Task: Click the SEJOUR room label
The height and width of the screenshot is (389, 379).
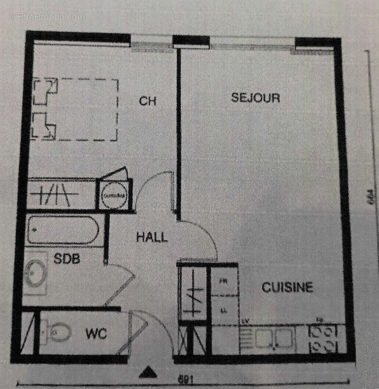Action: pos(255,97)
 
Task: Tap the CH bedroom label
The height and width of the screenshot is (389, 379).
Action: pos(148,101)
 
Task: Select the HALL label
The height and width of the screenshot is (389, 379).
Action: pos(151,237)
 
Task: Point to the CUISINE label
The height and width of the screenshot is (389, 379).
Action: pos(287,287)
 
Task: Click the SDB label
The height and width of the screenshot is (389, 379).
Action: pos(66,259)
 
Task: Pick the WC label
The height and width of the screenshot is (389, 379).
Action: pos(96,334)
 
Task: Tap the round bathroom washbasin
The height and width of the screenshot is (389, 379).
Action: pos(35,273)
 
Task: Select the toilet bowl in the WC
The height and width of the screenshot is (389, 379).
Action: pos(58,333)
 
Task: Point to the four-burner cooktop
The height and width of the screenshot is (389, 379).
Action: pos(324,338)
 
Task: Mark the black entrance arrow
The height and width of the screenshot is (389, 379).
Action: pos(148,372)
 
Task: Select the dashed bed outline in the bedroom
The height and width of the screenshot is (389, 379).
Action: pos(75,110)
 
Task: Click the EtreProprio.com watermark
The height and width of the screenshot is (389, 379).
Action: pos(46,17)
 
